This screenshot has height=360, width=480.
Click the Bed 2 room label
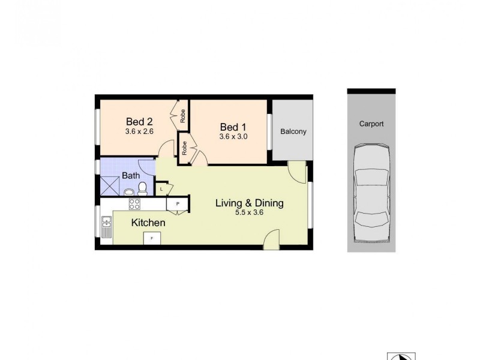[139, 120]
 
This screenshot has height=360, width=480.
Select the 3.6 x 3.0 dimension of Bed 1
[233, 136]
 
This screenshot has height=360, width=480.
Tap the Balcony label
[293, 131]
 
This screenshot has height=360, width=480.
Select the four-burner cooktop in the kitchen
[134, 204]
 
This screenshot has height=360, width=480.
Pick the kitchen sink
[107, 226]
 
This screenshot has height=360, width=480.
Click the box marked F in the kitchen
[152, 238]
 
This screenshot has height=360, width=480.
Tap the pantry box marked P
[178, 204]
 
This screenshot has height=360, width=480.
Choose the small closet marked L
[162, 189]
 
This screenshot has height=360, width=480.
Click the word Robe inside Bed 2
[183, 113]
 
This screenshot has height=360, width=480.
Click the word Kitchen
[148, 223]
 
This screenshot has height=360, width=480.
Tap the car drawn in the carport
[371, 194]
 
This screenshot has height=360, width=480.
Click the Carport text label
[371, 124]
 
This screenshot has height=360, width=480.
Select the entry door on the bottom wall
[272, 240]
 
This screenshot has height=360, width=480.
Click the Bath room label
[131, 176]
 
